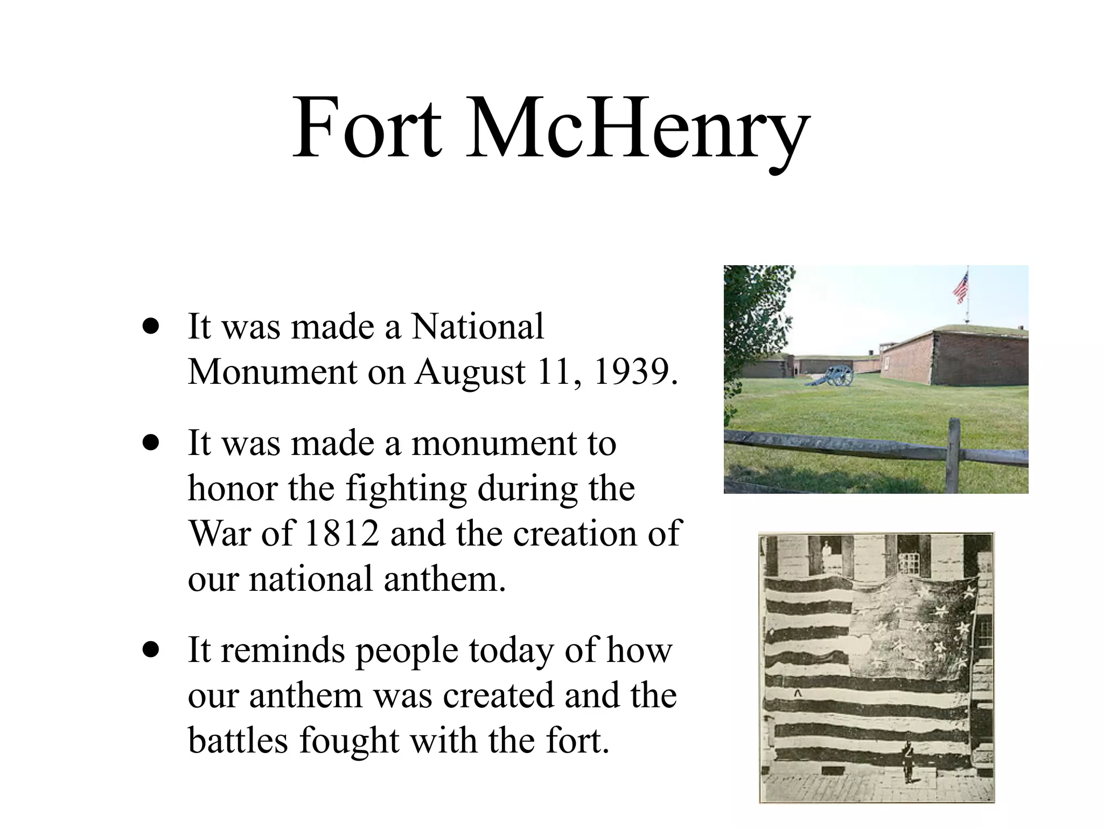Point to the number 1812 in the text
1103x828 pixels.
[x=342, y=534]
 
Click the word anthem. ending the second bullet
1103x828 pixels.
[x=445, y=579]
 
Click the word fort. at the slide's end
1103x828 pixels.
[x=578, y=740]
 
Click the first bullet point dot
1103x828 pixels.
[x=152, y=327]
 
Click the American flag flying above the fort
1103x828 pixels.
[x=960, y=287]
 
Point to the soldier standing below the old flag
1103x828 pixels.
[x=909, y=761]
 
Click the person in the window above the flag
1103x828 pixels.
[x=826, y=556]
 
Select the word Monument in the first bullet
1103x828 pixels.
[x=273, y=372]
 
